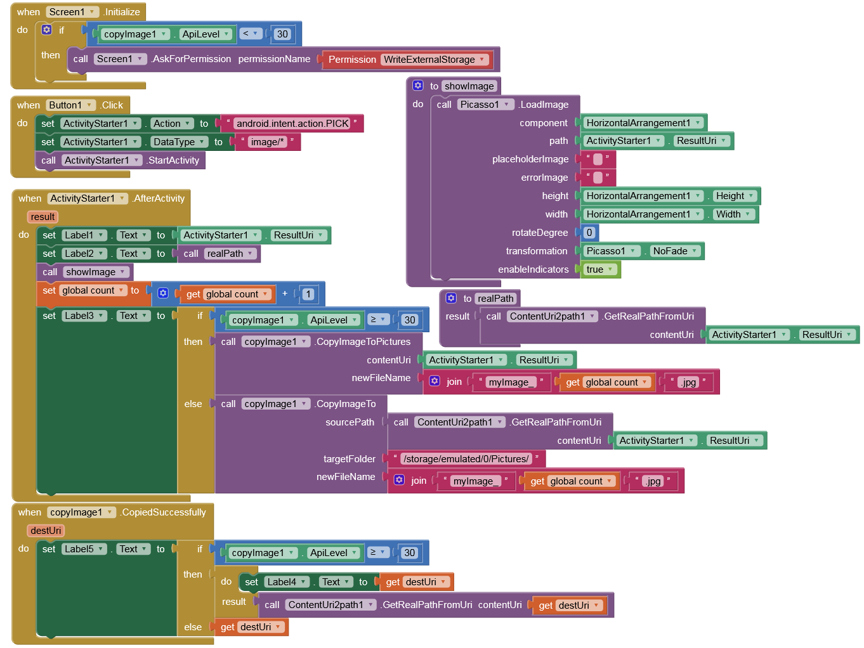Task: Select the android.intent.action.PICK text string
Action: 292,124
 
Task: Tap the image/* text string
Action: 267,142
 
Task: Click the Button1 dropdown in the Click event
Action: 71,105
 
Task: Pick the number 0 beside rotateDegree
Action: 589,233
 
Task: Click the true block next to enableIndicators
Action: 600,269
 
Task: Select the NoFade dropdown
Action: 675,251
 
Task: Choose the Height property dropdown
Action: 735,196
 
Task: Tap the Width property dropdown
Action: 733,214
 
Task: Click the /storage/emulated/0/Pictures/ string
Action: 466,459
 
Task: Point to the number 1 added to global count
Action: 308,294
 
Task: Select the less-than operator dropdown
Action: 251,34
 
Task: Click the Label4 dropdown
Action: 287,582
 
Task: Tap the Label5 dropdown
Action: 84,549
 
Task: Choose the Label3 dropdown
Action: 84,316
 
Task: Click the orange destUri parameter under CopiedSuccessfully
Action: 46,531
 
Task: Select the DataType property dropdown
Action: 180,142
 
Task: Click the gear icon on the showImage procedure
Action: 418,86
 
